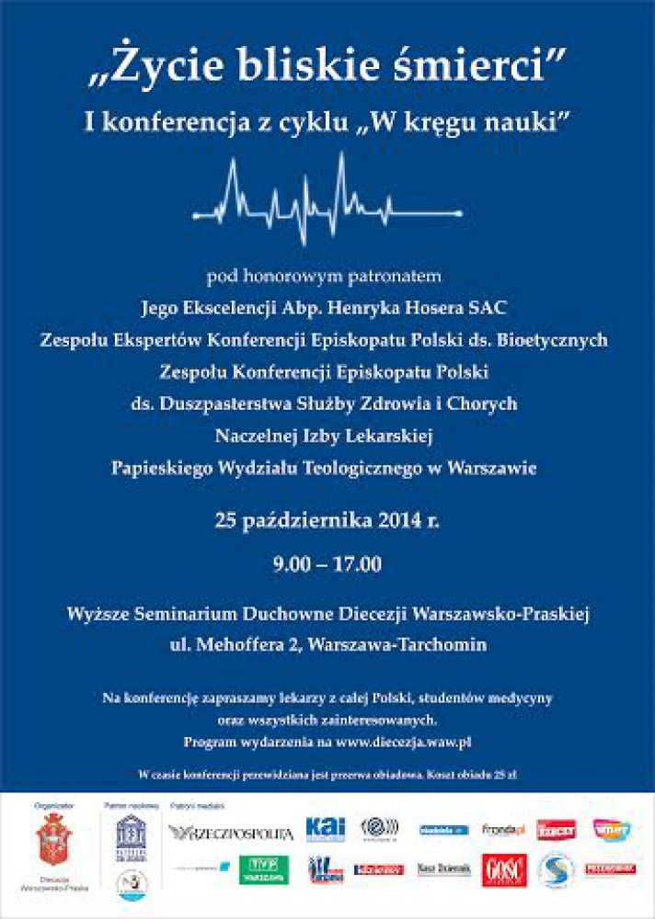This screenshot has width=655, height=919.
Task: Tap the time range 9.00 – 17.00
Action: tap(327, 562)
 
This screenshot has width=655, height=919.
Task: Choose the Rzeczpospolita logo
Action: tap(231, 833)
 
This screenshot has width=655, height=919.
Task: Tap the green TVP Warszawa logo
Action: tap(264, 868)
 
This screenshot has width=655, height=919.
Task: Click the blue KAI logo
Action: tap(326, 829)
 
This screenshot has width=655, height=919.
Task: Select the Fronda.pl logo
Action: tap(502, 830)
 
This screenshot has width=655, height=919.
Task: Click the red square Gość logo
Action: tap(504, 869)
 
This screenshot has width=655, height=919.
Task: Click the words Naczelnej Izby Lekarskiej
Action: tap(327, 435)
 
